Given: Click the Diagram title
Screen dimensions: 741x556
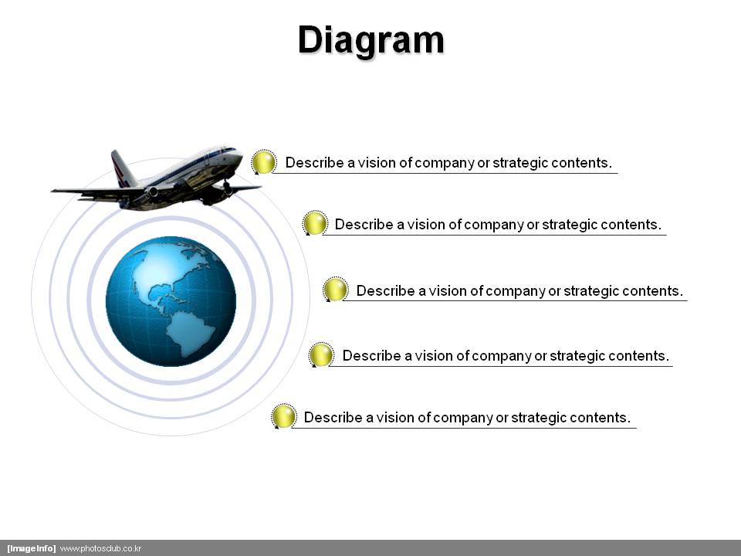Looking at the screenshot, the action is click(x=371, y=41).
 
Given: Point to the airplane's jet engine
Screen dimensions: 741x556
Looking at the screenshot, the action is click(x=152, y=192).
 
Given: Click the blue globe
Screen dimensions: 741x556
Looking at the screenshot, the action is click(x=171, y=301).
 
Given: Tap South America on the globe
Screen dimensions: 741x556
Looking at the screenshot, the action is click(x=192, y=332).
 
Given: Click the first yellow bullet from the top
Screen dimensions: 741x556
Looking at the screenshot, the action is click(x=264, y=162).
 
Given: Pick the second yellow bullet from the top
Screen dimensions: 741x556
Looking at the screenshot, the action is click(x=315, y=222).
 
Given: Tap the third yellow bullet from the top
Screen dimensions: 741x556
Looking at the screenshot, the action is click(x=335, y=290).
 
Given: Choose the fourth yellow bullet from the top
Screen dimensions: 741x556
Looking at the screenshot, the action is click(x=321, y=354).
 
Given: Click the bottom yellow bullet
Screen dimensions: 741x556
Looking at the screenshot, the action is click(x=283, y=416).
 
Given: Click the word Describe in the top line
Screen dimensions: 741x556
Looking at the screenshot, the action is click(x=315, y=163).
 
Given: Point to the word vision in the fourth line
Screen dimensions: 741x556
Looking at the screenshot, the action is click(x=433, y=355).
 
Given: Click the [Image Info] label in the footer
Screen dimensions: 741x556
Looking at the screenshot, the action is click(x=31, y=548).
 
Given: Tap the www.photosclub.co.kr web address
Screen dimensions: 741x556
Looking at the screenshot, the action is click(x=100, y=548).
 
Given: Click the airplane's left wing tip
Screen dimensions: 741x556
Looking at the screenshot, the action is click(x=53, y=191).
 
